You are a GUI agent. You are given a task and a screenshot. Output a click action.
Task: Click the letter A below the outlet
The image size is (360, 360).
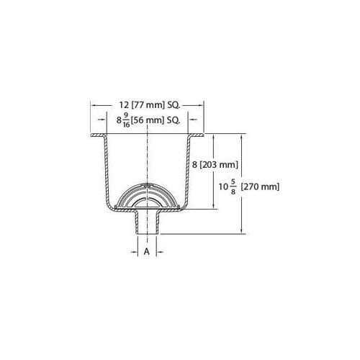coord(147,252)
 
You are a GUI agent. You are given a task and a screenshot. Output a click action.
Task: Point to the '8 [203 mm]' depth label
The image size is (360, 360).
coord(215,165)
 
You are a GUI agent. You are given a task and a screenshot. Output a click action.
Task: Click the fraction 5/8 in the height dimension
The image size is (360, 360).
coord(233,186)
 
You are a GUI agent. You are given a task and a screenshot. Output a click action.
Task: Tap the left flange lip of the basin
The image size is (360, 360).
coord(97,135)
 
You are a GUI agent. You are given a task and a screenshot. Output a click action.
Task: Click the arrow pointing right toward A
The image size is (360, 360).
coord(135,252)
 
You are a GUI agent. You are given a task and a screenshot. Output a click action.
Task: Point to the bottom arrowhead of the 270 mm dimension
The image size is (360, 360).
coord(240,232)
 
